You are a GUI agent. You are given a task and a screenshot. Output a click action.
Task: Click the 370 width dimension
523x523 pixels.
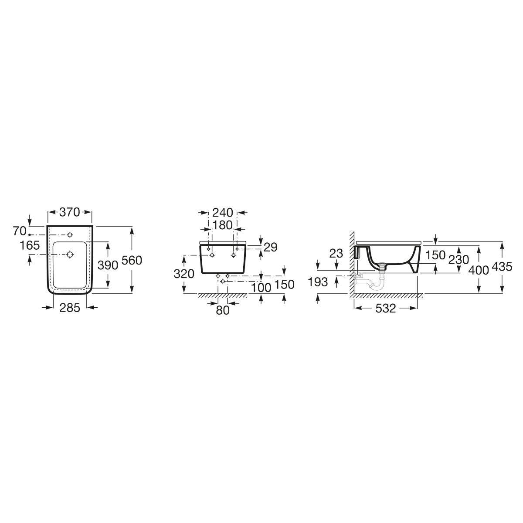pyautogui.click(x=69, y=212)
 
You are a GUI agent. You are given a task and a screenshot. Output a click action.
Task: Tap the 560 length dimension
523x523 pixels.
pyautogui.click(x=132, y=260)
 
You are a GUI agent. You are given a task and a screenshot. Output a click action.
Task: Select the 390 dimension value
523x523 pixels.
pyautogui.click(x=108, y=265)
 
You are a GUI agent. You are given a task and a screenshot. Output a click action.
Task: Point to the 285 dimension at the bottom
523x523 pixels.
pyautogui.click(x=70, y=308)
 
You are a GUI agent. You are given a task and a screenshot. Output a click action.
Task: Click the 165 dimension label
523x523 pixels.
pyautogui.click(x=30, y=245)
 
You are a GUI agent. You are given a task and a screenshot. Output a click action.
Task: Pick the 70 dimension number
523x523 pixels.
pyautogui.click(x=20, y=231)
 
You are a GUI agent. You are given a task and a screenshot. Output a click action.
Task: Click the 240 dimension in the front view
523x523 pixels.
pyautogui.click(x=223, y=213)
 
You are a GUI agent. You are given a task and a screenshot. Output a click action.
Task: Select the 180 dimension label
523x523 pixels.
pyautogui.click(x=223, y=225)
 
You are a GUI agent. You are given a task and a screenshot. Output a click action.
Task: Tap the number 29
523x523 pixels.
pyautogui.click(x=270, y=247)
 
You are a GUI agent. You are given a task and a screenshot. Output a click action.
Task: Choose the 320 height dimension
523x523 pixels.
pyautogui.click(x=184, y=274)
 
